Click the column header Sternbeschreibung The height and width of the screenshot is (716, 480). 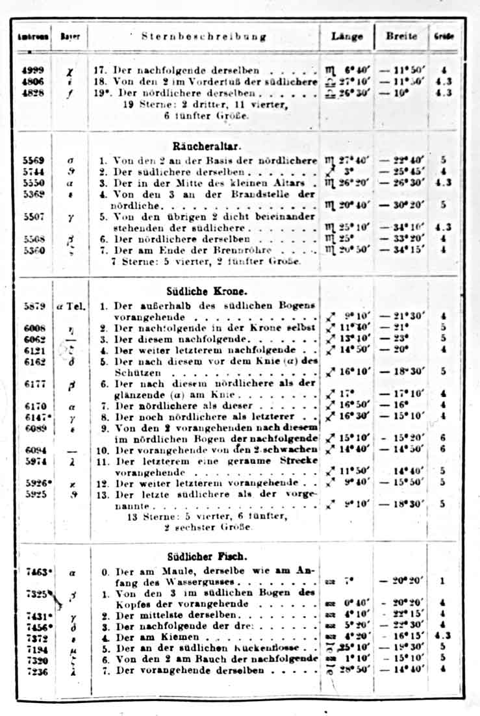click(205, 36)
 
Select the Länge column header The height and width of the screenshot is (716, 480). click(347, 36)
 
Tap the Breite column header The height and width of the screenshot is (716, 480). click(401, 36)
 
